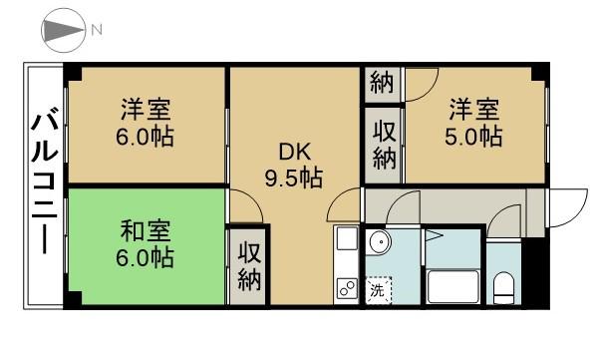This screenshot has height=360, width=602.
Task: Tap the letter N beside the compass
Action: coord(98,31)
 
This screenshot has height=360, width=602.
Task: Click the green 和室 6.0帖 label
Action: coord(148,244)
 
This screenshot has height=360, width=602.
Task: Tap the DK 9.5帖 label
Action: coord(295,167)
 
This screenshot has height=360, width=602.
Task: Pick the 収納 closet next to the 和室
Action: coord(249,265)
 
